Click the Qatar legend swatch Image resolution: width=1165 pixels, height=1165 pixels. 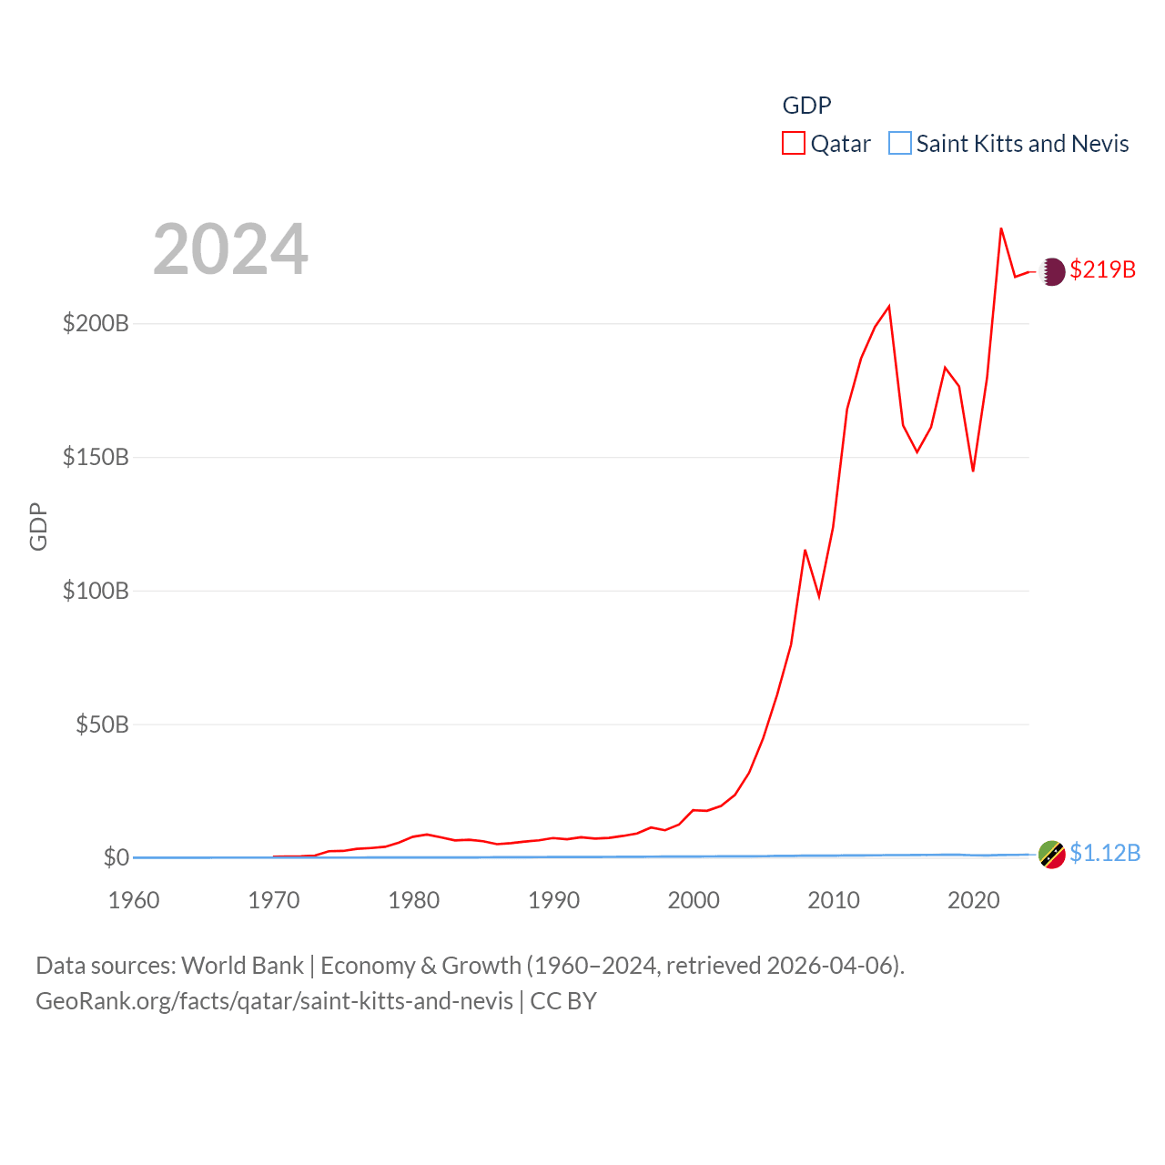[x=794, y=144]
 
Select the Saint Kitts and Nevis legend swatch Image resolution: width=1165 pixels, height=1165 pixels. [x=900, y=144]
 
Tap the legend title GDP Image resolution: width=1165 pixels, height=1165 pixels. [x=806, y=106]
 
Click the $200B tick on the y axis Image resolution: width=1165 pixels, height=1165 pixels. [x=96, y=323]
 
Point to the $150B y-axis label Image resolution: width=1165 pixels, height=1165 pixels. [x=96, y=457]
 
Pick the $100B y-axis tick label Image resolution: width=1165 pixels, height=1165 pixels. [x=96, y=591]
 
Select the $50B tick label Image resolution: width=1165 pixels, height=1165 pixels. [x=102, y=724]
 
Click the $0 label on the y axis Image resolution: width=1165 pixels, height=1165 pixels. [x=116, y=857]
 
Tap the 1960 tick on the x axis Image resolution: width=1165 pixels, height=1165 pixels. [x=134, y=900]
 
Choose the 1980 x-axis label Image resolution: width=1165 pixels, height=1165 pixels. [x=414, y=900]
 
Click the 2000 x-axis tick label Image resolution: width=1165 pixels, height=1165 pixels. [x=694, y=900]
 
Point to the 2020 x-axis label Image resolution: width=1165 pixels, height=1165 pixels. [x=974, y=900]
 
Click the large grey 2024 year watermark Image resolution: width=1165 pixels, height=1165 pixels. [x=230, y=248]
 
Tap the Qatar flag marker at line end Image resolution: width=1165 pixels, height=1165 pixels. [x=1052, y=271]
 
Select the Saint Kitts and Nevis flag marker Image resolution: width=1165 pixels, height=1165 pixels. [x=1052, y=855]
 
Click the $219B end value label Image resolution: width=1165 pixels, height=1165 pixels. [x=1102, y=269]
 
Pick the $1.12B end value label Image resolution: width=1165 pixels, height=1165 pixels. [x=1105, y=853]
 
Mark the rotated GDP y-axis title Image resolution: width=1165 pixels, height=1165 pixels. [x=38, y=526]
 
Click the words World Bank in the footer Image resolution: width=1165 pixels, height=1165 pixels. [x=243, y=965]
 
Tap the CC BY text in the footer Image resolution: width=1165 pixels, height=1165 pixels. [x=563, y=1001]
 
